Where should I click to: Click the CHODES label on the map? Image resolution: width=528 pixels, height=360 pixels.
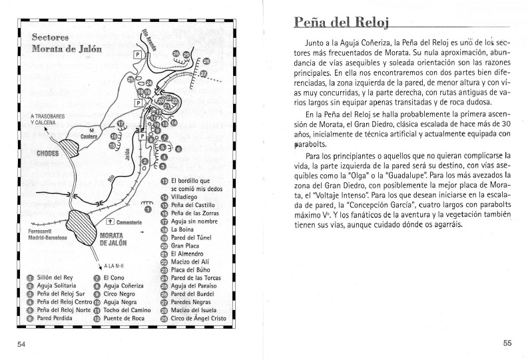[43, 153]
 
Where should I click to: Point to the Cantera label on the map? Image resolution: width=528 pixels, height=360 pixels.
[89, 137]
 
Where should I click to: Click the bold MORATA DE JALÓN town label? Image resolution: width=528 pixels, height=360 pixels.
[111, 240]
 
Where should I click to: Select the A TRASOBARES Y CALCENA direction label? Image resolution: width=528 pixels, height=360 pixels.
[48, 120]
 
